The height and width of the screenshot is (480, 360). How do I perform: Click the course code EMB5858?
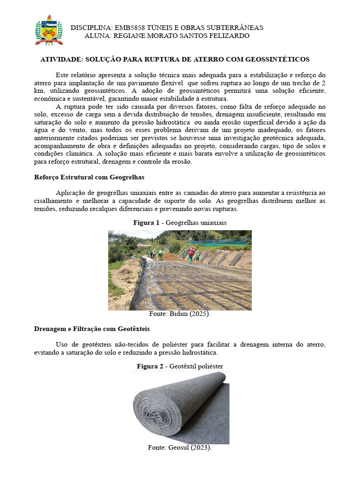pos(128,28)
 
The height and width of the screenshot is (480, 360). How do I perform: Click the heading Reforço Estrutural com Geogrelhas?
pos(89,178)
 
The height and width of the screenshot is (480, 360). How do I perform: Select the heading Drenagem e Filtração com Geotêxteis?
pos(92,329)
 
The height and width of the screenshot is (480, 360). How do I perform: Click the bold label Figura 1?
pos(146,223)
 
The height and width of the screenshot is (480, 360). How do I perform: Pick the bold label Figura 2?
pos(150,366)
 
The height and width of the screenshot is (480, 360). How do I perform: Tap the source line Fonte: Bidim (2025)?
pos(180,314)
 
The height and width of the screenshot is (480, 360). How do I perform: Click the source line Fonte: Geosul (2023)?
pos(180,448)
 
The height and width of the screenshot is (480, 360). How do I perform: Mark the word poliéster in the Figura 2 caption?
pos(209,366)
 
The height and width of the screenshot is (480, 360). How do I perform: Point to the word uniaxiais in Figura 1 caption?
pos(210,223)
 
